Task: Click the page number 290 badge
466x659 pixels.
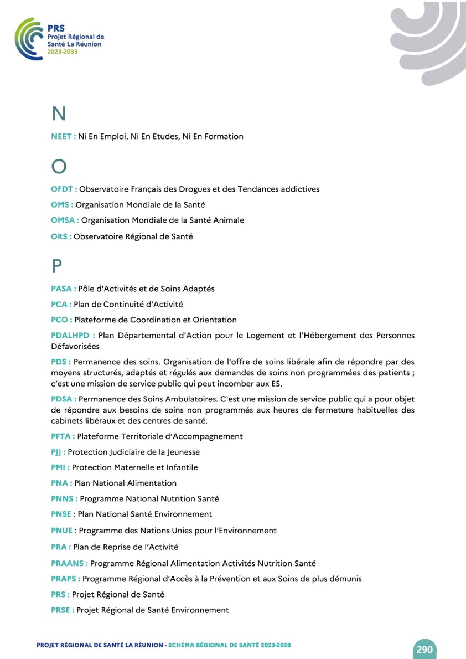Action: click(424, 649)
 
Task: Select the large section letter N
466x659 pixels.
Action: click(59, 114)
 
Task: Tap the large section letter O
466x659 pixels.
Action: click(59, 166)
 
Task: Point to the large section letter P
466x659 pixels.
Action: click(57, 266)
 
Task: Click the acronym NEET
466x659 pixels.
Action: click(61, 136)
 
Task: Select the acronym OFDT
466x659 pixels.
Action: click(62, 189)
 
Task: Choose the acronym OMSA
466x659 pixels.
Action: click(63, 220)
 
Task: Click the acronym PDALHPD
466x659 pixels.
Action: click(71, 336)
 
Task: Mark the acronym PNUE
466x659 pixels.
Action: click(61, 531)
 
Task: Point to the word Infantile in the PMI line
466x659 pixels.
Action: click(181, 468)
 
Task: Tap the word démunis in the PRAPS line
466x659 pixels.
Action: click(345, 579)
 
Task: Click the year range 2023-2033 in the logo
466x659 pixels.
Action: click(63, 52)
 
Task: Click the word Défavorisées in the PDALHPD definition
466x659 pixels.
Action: click(75, 347)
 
